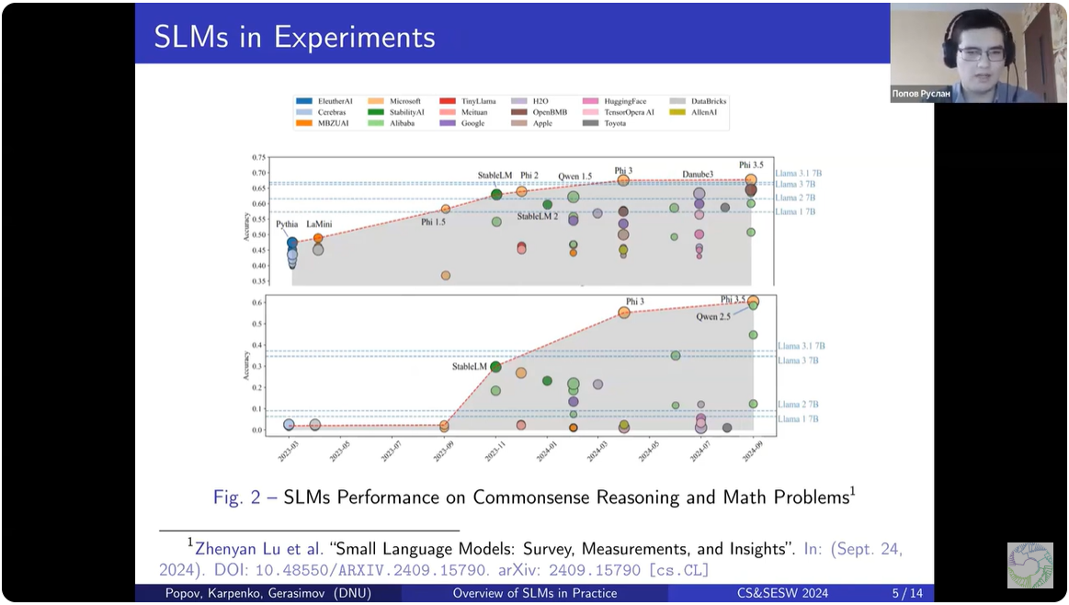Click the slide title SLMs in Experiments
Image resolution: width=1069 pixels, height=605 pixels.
coord(294,37)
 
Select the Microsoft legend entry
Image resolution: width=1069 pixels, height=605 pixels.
coord(404,101)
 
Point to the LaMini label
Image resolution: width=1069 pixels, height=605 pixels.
coord(321,224)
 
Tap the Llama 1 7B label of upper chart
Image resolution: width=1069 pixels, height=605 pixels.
coord(797,212)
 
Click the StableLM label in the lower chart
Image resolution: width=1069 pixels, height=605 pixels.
coord(469,367)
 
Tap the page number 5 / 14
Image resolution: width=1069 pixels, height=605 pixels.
coord(906,593)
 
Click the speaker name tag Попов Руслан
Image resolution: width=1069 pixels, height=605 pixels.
coord(922,94)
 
